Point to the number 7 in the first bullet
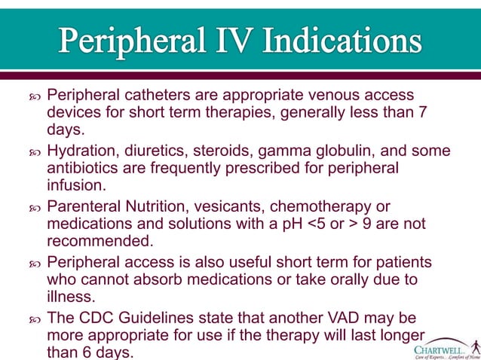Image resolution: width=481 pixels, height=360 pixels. pos(422,113)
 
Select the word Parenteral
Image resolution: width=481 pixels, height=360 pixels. pos(85,206)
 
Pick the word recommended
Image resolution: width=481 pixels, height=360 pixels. pos(99,240)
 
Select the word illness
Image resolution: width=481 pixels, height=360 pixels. pos(71,296)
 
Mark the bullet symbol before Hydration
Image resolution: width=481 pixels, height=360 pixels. pos(33,151)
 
